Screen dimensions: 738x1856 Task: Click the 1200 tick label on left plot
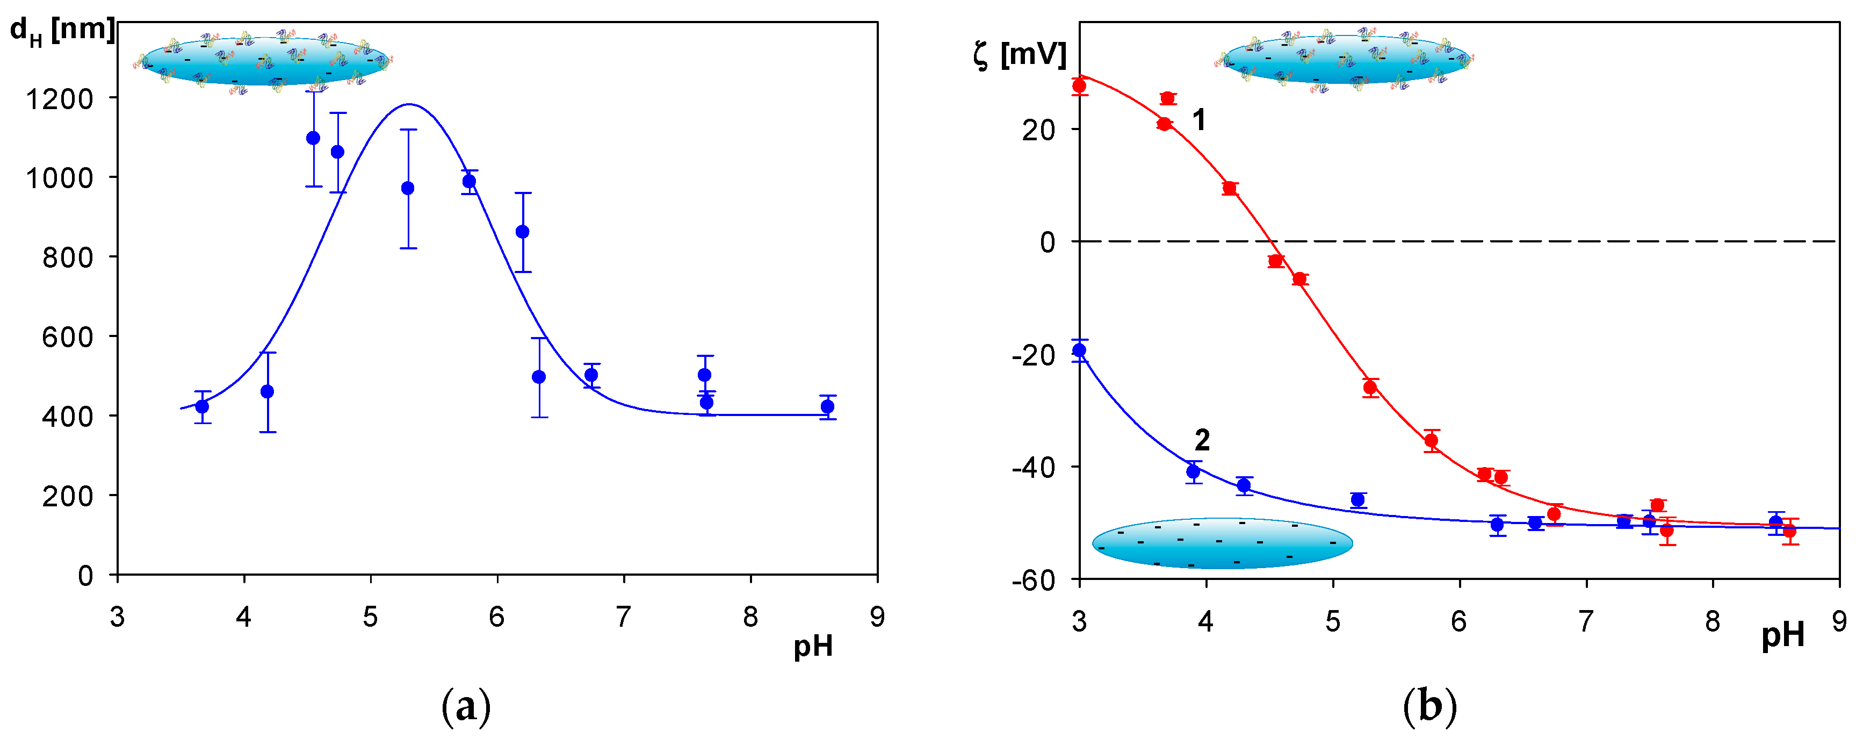coord(60,99)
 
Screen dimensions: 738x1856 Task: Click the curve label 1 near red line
coord(1199,120)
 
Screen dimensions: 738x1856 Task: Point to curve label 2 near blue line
coord(1202,440)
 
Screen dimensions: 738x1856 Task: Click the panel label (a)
coord(465,706)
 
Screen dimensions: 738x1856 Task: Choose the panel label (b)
coord(1429,706)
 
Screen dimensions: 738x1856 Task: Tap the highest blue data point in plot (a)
coord(313,138)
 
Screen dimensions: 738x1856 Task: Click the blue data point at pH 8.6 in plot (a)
coord(827,406)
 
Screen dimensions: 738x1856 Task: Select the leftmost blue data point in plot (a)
coord(203,406)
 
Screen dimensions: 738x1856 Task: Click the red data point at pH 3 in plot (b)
coord(1079,87)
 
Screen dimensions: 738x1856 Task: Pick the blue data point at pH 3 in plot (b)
coord(1079,350)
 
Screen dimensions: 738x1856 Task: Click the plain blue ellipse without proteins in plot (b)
coord(1222,543)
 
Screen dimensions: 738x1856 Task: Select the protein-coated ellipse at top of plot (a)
coord(264,62)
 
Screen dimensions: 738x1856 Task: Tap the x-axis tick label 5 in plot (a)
coord(370,617)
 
